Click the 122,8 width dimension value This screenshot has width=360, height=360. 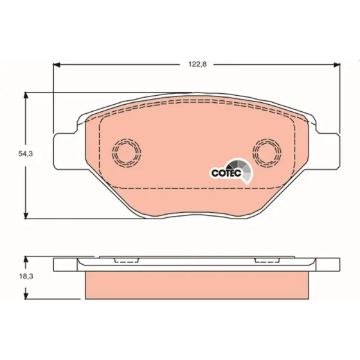point(197,64)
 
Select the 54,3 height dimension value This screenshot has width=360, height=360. point(26,154)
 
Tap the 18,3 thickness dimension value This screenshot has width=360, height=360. point(26,276)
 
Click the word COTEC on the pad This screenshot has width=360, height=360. point(226,173)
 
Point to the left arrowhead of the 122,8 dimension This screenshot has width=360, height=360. point(57,65)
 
